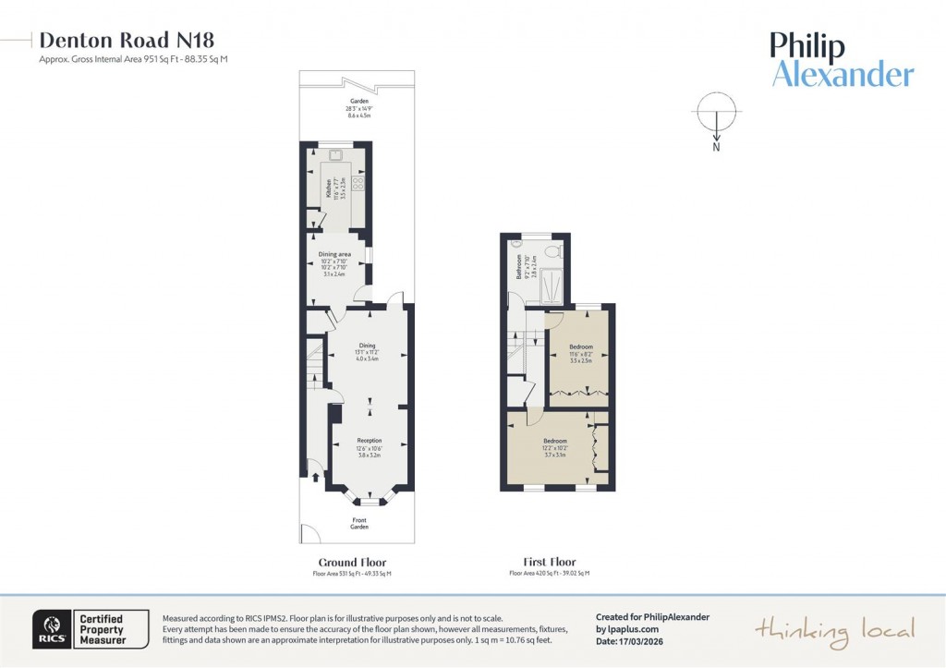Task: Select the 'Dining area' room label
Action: [x=334, y=254]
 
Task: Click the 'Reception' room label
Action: [x=370, y=441]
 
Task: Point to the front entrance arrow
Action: [x=316, y=478]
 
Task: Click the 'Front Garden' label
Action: [x=359, y=523]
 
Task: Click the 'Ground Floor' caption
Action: [x=352, y=562]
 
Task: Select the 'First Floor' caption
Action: [x=550, y=562]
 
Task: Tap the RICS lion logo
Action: [x=50, y=629]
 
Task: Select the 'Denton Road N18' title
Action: [x=127, y=40]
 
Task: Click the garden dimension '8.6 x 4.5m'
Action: [x=359, y=115]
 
